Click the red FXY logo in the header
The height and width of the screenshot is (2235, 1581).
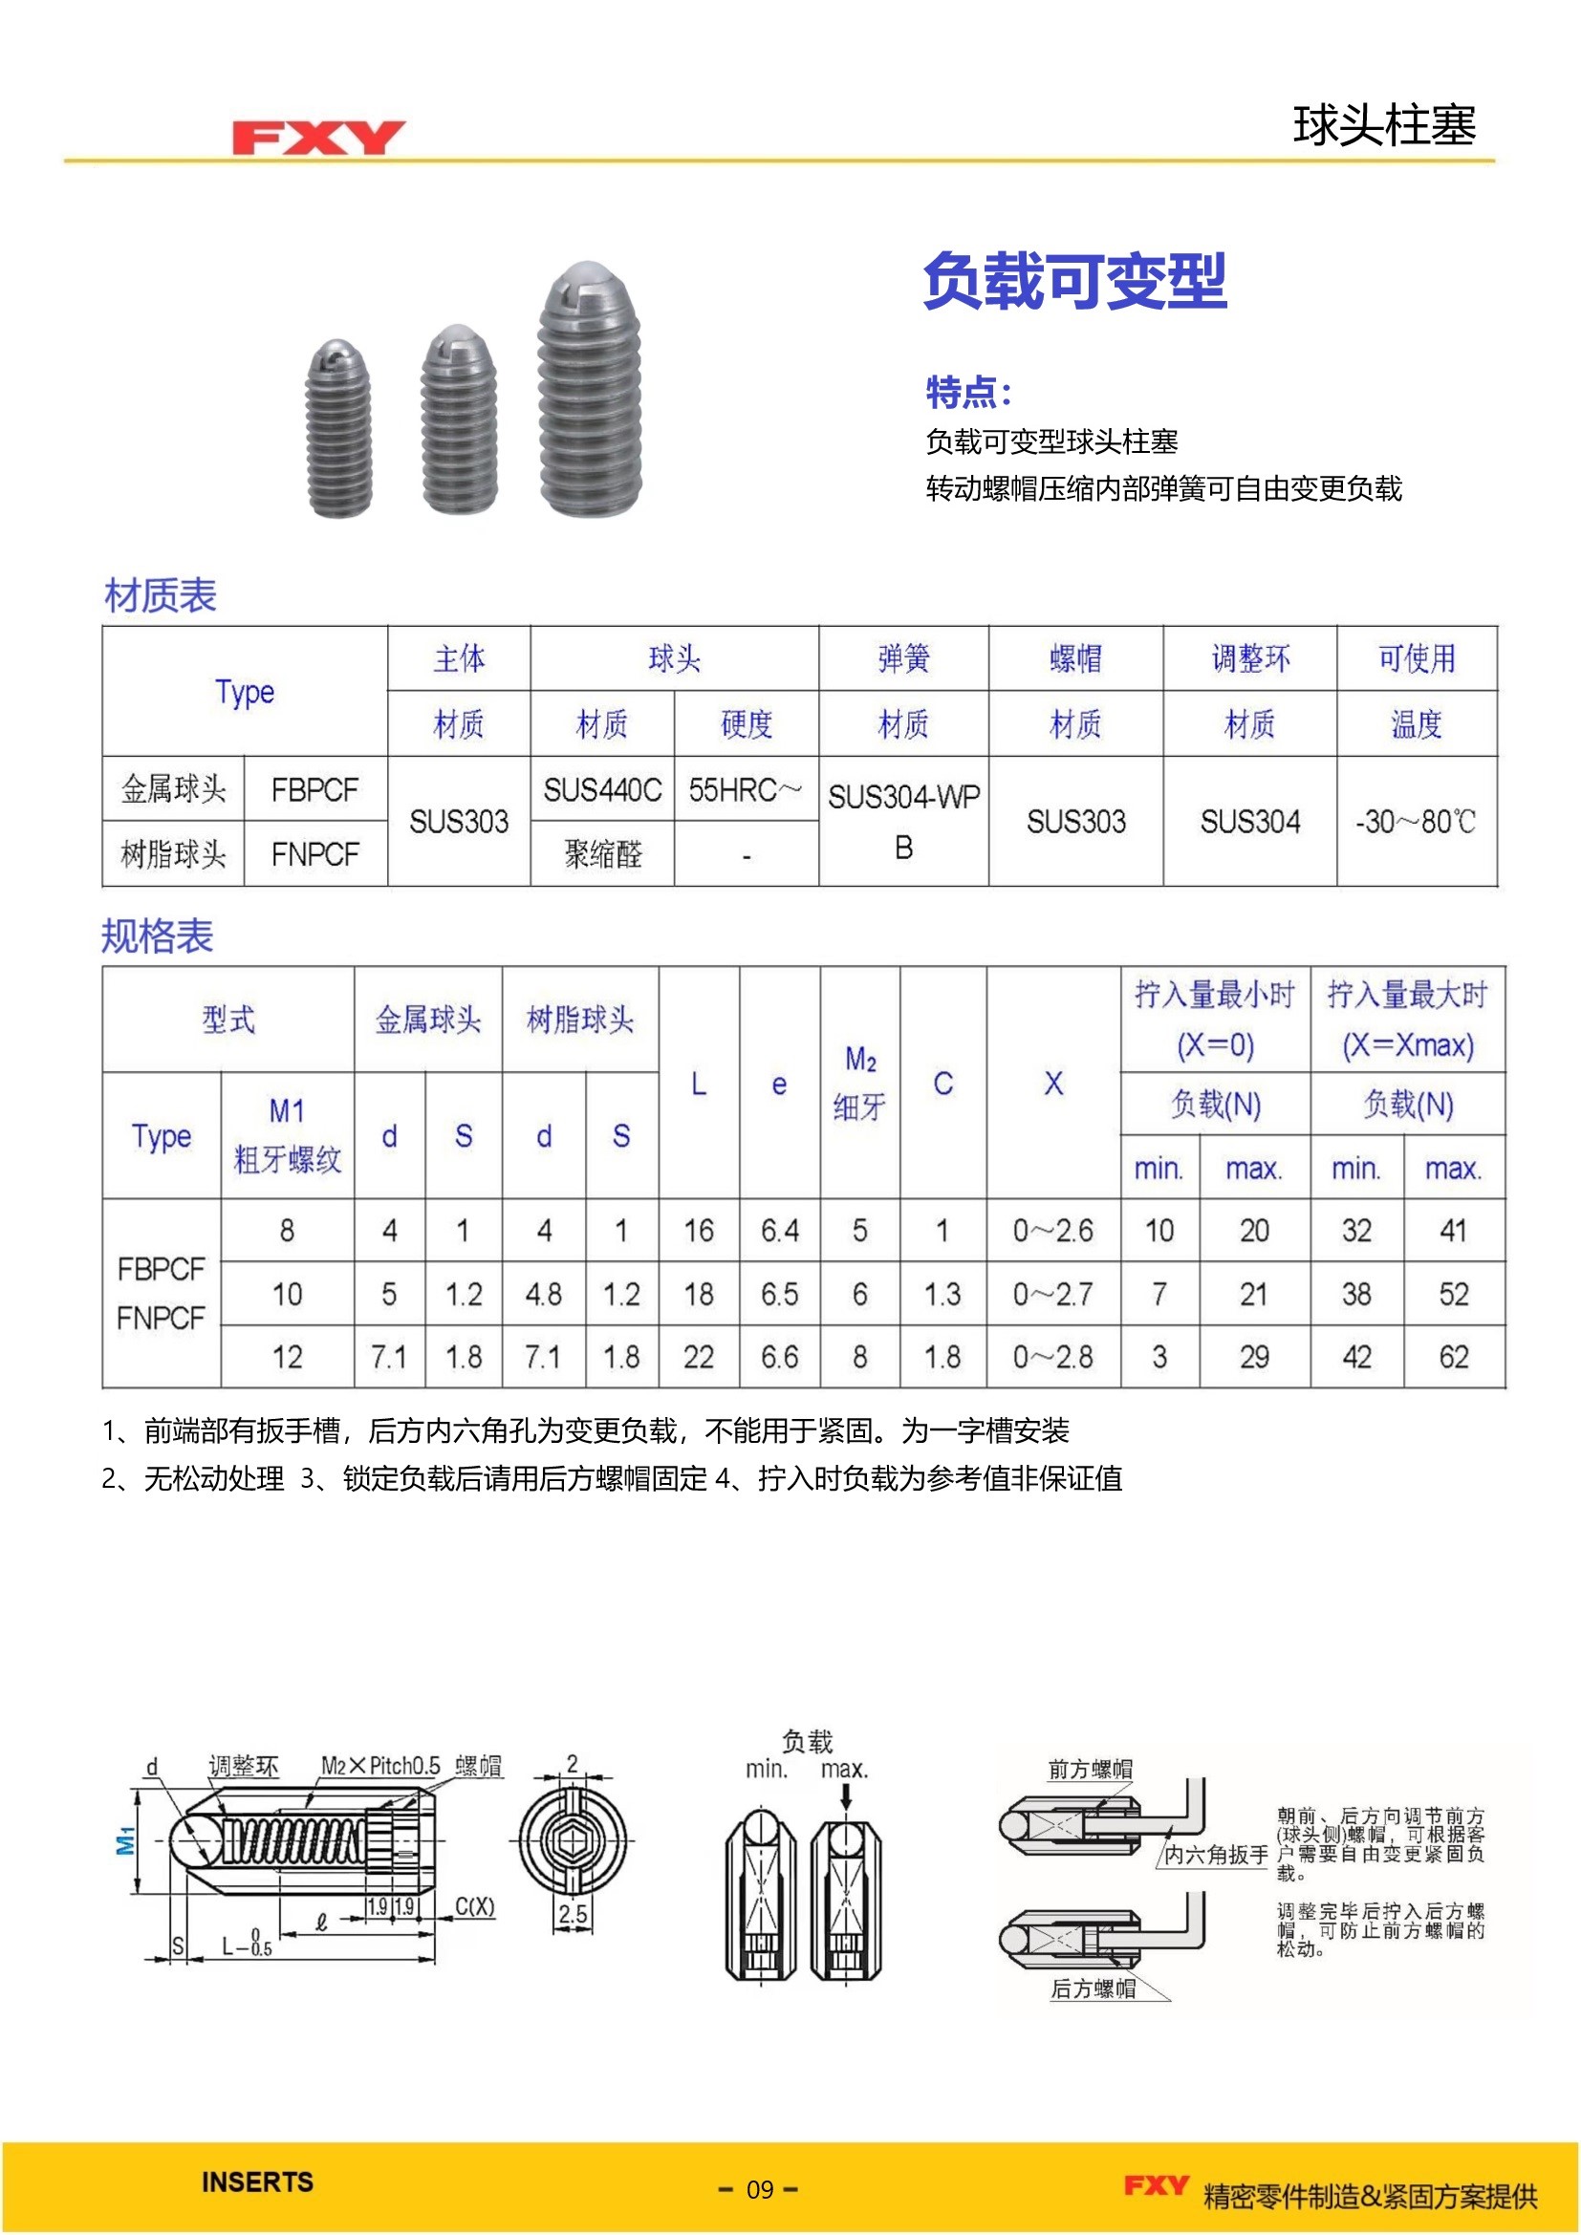317,138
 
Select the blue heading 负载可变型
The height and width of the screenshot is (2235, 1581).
1073,281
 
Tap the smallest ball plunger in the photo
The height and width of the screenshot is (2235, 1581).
337,428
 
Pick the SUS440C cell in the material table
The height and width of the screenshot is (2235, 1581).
601,789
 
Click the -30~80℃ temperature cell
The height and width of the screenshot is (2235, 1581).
1416,822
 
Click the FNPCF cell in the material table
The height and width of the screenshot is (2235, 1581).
314,854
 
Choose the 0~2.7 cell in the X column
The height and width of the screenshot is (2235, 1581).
1052,1294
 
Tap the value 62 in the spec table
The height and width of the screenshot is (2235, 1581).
1453,1356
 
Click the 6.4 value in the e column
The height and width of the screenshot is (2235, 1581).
779,1231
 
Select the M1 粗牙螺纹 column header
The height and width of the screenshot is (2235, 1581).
287,1135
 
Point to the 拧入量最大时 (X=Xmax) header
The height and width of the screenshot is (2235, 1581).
1407,1020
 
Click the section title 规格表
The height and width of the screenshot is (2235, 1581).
157,935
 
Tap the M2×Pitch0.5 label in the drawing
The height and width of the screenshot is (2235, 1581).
380,1766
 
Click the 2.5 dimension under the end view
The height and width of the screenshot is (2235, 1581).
573,1914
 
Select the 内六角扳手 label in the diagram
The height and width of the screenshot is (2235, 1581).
1216,1856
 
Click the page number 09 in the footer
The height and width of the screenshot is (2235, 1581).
759,2189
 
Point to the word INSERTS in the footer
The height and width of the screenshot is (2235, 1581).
257,2181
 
